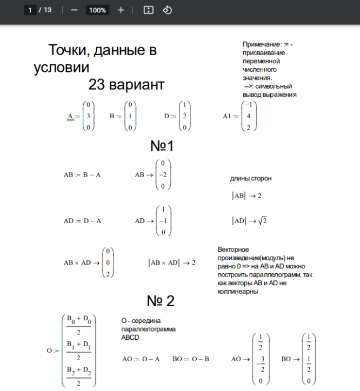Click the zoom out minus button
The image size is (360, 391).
pos(74,10)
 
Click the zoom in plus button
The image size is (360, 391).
pos(121,10)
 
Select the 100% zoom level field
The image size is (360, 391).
pos(97,10)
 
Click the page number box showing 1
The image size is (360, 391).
pos(31,10)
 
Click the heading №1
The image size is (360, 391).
pos(162,146)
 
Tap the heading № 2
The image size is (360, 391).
pos(161,301)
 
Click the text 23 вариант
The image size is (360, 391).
pos(126,85)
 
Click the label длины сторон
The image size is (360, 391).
pos(251,178)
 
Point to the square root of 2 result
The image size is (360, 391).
pos(262,221)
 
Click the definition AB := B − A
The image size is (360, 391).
pos(82,175)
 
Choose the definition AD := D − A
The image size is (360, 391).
pos(82,221)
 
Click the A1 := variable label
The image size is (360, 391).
pos(230,116)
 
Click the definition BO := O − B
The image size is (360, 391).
pos(191,359)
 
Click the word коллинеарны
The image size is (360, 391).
pos(237,292)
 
